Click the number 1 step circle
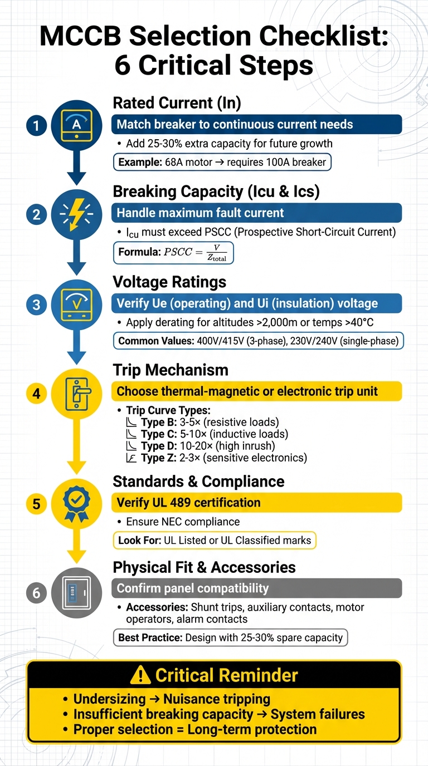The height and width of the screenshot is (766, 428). tap(37, 125)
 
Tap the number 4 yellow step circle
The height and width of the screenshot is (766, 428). tap(37, 394)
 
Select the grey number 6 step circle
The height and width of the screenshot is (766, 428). tap(37, 593)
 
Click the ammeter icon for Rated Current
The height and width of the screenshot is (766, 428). tap(76, 125)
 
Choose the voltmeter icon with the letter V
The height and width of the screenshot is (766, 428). tap(76, 304)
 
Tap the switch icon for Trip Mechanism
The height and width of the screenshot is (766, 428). tap(76, 394)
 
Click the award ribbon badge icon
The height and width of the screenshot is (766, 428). tap(76, 504)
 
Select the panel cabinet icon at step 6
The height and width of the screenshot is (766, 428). tap(76, 593)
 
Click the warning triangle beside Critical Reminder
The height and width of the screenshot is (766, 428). tap(140, 675)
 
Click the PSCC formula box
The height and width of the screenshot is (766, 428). tap(173, 252)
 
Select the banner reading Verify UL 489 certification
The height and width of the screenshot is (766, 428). tap(257, 503)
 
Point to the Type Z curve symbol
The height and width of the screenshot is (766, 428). tap(132, 459)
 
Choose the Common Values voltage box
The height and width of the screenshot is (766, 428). tap(258, 341)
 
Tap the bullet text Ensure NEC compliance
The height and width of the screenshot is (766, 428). tap(183, 522)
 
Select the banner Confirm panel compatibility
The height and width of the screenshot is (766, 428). tap(257, 588)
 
